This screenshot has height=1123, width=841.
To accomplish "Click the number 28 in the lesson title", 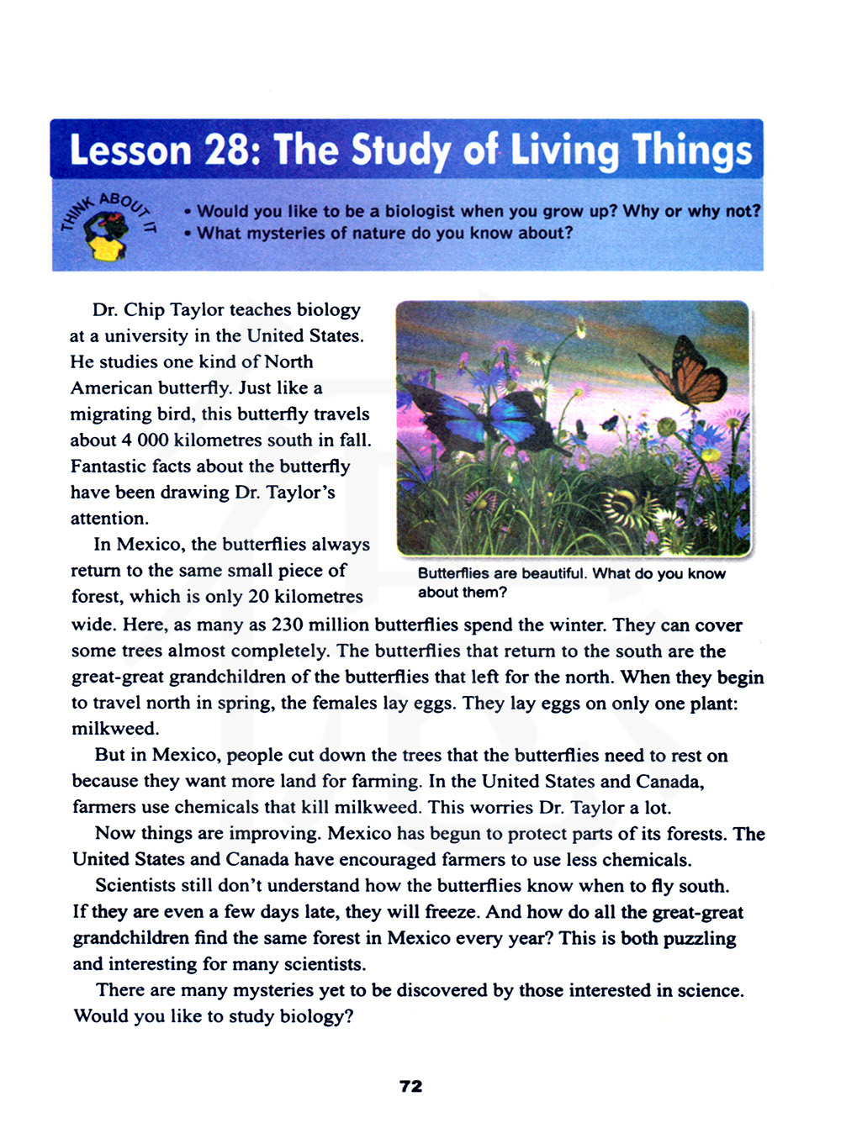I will [226, 150].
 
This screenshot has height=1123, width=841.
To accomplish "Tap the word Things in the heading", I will [692, 150].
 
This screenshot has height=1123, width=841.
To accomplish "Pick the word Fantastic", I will [108, 467].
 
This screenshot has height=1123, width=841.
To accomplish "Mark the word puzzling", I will [700, 939].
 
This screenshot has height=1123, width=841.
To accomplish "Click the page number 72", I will [411, 1086].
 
